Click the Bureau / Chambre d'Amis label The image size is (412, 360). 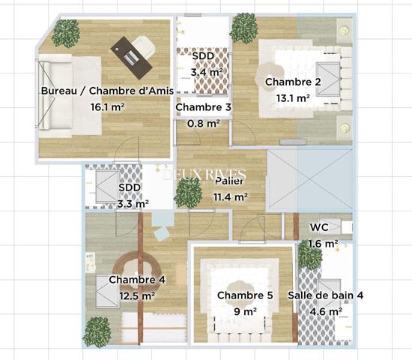click(107, 91)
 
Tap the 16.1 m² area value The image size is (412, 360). click(107, 107)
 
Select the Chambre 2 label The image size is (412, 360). click(293, 82)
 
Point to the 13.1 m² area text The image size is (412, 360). click(293, 98)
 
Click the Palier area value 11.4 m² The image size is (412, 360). click(231, 196)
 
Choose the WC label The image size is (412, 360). click(319, 227)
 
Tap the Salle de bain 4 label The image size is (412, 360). click(326, 295)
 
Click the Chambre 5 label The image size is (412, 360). click(245, 295)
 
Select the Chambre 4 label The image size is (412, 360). click(137, 280)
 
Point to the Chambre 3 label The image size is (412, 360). click(203, 107)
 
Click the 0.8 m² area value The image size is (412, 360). click(204, 124)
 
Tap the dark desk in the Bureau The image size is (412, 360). click(131, 58)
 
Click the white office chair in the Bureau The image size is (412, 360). click(144, 47)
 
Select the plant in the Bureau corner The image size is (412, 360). click(66, 33)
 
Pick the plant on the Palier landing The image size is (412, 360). click(188, 193)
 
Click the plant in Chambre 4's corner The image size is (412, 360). click(97, 332)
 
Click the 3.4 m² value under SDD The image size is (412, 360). click(207, 72)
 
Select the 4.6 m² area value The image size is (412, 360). click(326, 311)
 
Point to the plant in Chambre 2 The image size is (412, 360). click(243, 28)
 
